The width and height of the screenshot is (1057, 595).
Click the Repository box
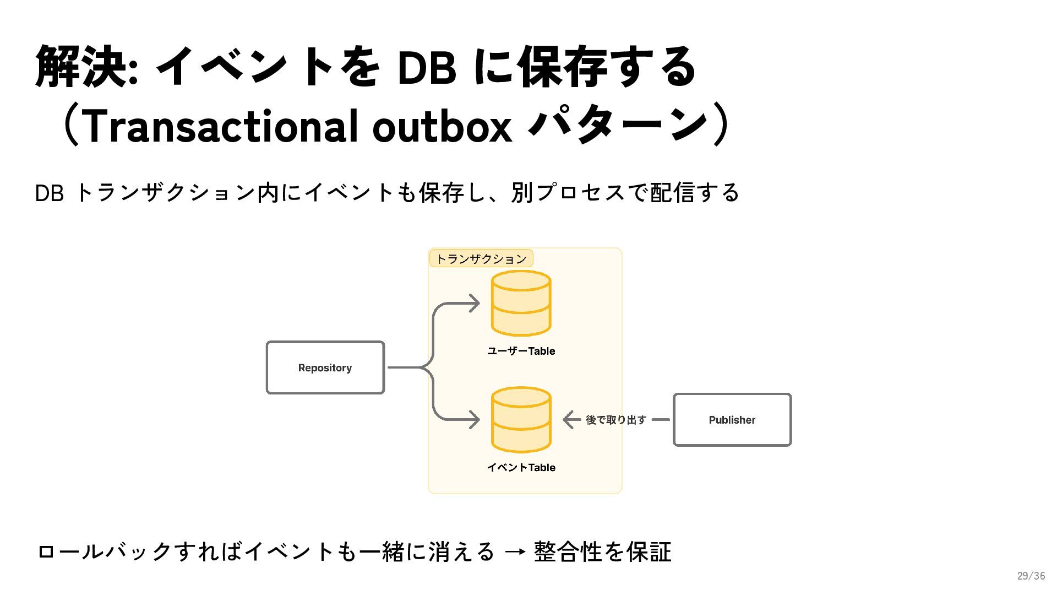coord(325,367)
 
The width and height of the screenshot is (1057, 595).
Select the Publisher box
coord(732,420)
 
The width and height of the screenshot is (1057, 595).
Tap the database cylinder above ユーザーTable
coord(521,303)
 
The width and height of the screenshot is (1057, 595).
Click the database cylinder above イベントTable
coord(521,420)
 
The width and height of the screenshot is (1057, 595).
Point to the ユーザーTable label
coord(521,351)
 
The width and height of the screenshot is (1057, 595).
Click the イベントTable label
coord(521,467)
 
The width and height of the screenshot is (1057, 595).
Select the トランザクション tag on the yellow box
coord(481,258)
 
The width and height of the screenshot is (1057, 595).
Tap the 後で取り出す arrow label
coord(615,420)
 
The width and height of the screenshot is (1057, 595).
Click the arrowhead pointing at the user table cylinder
coord(473,303)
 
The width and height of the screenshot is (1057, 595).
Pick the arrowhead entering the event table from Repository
coord(473,420)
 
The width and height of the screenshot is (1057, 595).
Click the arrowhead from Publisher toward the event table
coord(569,420)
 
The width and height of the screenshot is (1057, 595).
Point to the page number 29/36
coord(1031,576)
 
